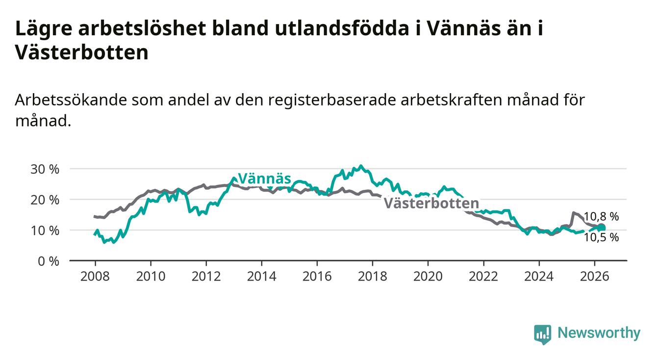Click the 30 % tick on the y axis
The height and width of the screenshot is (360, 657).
(45, 169)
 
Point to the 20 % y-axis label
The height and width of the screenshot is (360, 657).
(45, 200)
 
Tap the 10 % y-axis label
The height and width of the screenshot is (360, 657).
(45, 231)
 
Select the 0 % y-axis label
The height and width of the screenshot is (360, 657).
(49, 261)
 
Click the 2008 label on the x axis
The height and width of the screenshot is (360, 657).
(95, 277)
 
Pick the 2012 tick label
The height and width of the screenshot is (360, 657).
(206, 277)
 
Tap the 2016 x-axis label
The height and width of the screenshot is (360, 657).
(317, 277)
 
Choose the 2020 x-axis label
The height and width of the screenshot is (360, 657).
(428, 277)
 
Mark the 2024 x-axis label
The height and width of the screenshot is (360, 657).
(539, 277)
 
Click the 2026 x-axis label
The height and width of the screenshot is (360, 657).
(595, 277)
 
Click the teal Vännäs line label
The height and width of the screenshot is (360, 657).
(265, 179)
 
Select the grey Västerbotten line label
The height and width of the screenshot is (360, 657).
(431, 203)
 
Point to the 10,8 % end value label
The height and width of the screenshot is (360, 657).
(601, 216)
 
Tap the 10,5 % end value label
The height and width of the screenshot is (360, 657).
(601, 237)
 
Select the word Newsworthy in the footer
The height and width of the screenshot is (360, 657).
(599, 333)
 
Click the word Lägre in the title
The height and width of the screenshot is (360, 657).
(44, 29)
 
